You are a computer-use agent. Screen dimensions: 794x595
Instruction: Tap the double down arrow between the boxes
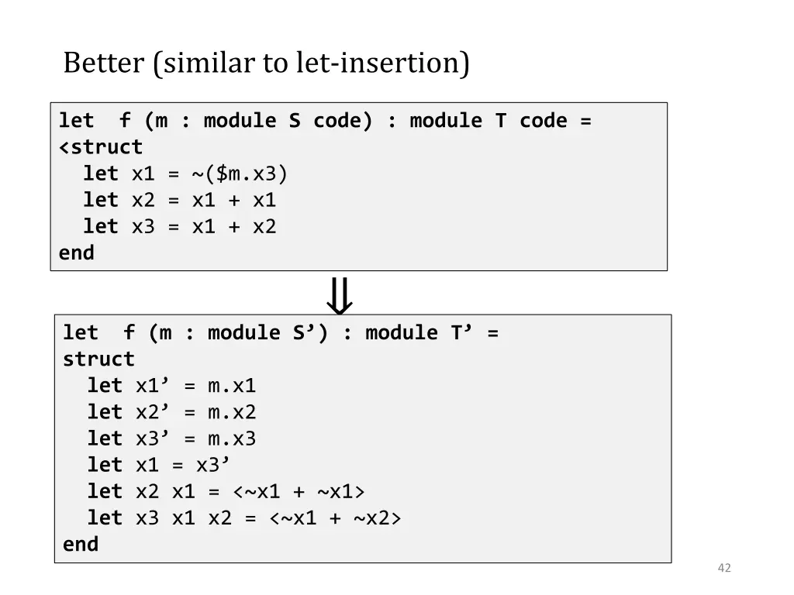click(339, 295)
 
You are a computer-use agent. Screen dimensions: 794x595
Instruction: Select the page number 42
click(724, 568)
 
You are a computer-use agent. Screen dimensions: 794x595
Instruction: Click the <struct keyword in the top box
click(101, 147)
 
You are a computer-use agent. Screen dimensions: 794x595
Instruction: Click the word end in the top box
click(77, 253)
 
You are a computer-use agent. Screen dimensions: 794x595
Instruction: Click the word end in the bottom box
click(81, 544)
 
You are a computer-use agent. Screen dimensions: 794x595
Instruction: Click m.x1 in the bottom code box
click(231, 386)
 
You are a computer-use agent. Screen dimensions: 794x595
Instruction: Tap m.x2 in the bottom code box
click(231, 412)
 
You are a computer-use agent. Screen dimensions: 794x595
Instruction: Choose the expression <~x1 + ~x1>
click(299, 491)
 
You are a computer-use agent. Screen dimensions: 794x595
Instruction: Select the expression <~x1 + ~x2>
click(335, 518)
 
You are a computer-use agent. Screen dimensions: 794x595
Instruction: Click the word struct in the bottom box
click(98, 359)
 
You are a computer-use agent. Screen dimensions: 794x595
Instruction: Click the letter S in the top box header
click(295, 121)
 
